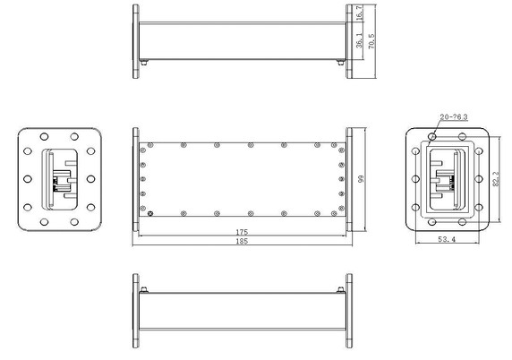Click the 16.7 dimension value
point(358,16)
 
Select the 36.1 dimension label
point(358,41)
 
